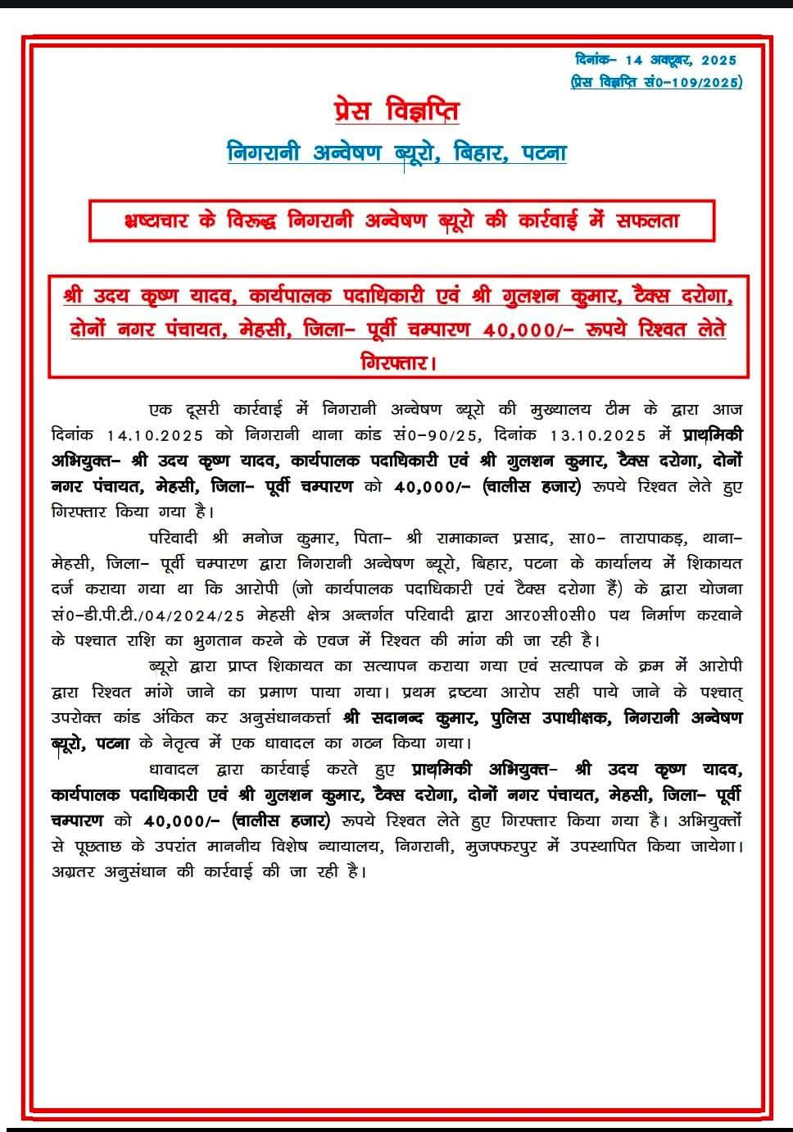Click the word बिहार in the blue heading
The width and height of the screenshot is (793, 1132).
[476, 153]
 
